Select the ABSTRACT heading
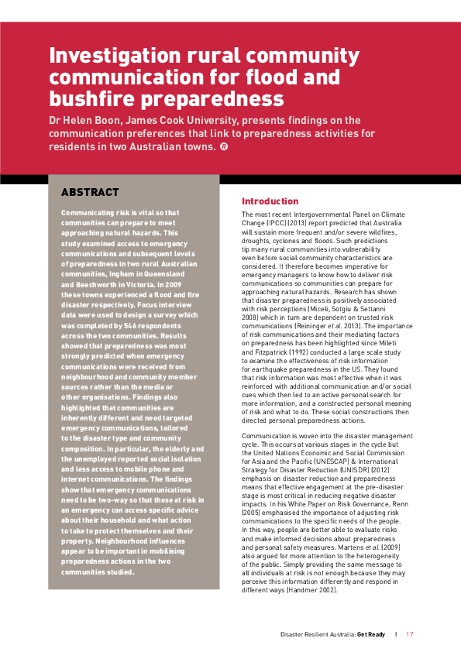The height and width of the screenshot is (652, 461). pos(90,192)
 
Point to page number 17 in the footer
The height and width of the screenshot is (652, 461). pos(409,634)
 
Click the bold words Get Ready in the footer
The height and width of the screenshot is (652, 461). pos(370,634)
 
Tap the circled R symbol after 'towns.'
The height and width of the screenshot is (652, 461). pos(224,146)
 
